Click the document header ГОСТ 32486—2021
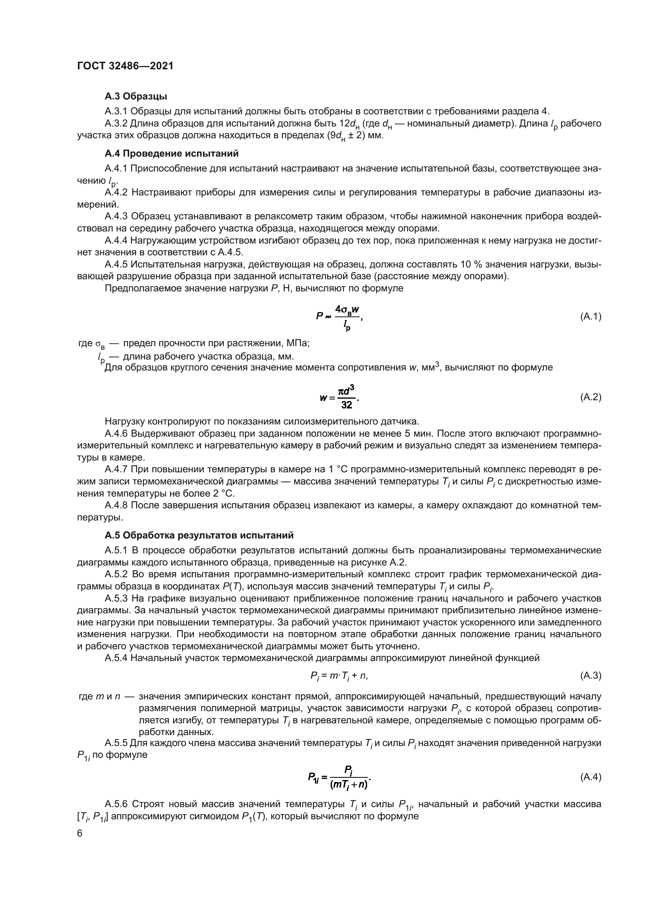pyautogui.click(x=125, y=66)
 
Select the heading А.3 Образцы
pyautogui.click(x=136, y=96)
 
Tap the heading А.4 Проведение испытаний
pyautogui.click(x=172, y=154)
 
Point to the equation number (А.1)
pyautogui.click(x=590, y=317)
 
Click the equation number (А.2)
pyautogui.click(x=590, y=397)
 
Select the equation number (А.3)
pyautogui.click(x=590, y=676)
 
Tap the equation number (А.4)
pyautogui.click(x=590, y=777)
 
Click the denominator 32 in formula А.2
pyautogui.click(x=347, y=405)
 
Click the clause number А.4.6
pyautogui.click(x=116, y=434)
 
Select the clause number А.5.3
pyautogui.click(x=116, y=598)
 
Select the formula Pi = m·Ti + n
pyautogui.click(x=339, y=676)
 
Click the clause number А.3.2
pyautogui.click(x=116, y=124)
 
